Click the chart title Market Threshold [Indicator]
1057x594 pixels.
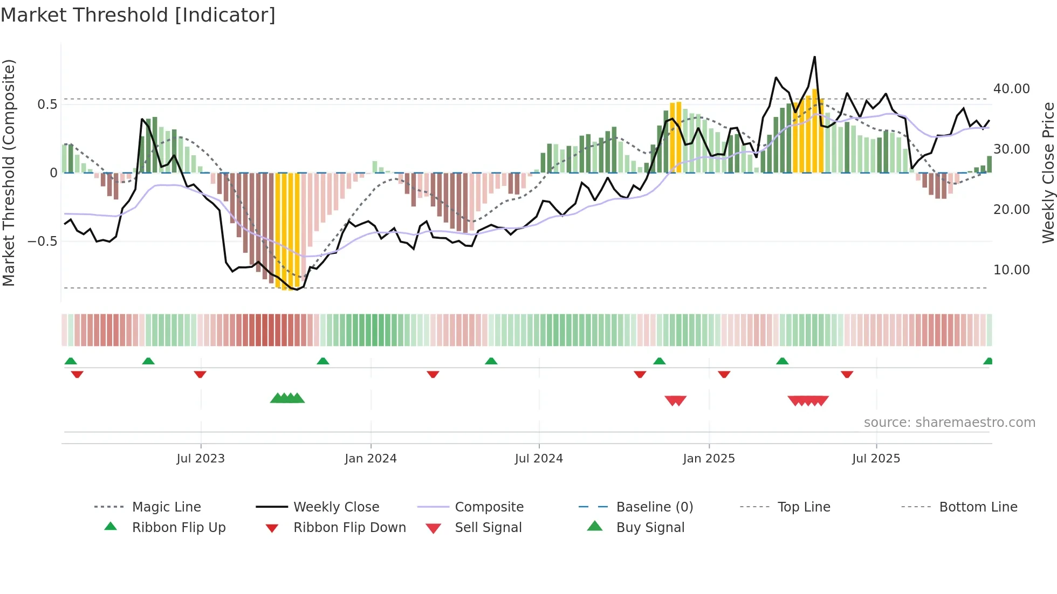[x=138, y=15]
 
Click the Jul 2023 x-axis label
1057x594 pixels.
[x=201, y=459]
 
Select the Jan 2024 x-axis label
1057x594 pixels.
[x=370, y=459]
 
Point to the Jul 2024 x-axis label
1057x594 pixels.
[x=539, y=459]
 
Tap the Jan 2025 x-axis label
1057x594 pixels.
[x=709, y=459]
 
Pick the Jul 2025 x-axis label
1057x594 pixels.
[x=876, y=459]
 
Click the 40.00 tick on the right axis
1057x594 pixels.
[x=1011, y=89]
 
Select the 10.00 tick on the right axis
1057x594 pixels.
[x=1011, y=270]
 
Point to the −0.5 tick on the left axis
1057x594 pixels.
[x=42, y=241]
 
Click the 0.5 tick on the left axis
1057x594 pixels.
[x=47, y=105]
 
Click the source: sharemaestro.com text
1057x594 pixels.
[x=949, y=423]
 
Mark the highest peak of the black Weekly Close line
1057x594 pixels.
[x=814, y=57]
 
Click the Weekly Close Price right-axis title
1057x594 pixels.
[x=1048, y=172]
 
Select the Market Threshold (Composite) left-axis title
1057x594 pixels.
[x=9, y=172]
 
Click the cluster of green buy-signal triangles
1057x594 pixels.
[x=287, y=398]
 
